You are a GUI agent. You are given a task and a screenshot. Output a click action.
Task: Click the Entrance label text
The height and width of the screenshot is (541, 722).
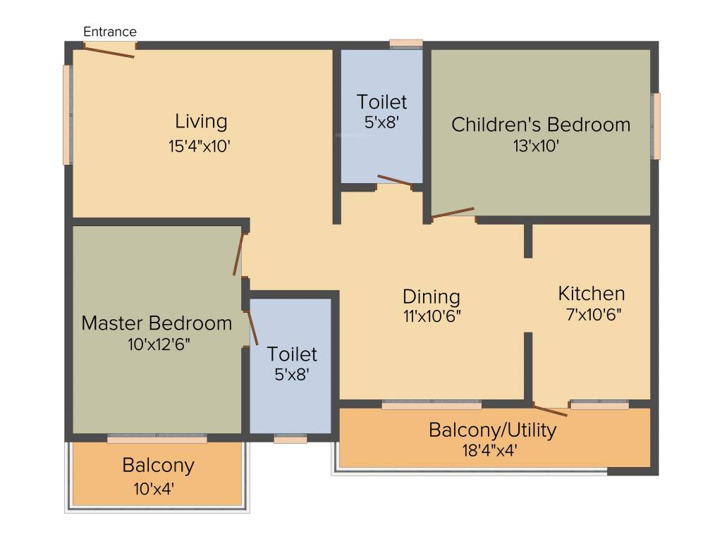click(x=110, y=32)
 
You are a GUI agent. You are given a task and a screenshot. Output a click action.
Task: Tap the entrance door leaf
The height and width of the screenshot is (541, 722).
click(x=109, y=51)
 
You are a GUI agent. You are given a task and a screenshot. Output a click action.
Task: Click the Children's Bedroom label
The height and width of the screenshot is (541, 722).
click(x=541, y=125)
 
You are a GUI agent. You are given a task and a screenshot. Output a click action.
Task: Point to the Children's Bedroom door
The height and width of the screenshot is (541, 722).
click(x=453, y=213)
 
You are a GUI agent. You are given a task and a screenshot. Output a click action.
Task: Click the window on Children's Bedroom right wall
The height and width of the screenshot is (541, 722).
click(x=656, y=126)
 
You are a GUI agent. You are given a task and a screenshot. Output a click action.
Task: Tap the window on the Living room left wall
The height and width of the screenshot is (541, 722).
click(x=68, y=115)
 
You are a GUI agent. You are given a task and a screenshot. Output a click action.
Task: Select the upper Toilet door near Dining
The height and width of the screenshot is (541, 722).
click(x=395, y=181)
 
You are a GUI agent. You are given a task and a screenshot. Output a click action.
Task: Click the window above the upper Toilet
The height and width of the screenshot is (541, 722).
click(x=406, y=44)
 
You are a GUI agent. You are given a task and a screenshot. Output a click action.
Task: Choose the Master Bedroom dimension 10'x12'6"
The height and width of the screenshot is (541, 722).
click(x=157, y=344)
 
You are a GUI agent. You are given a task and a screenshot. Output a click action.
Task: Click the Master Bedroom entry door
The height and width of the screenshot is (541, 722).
click(x=239, y=254)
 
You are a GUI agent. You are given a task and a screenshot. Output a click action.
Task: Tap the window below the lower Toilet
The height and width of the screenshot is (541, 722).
click(x=290, y=439)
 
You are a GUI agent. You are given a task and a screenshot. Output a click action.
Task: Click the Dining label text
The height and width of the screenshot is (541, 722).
click(x=432, y=296)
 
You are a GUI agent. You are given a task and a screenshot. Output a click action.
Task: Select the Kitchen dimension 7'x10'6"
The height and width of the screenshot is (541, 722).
click(x=592, y=314)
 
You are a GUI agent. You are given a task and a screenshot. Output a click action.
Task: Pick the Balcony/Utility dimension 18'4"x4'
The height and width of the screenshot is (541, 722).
click(x=492, y=449)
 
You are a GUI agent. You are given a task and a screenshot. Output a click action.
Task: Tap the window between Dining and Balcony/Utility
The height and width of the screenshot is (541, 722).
click(x=432, y=404)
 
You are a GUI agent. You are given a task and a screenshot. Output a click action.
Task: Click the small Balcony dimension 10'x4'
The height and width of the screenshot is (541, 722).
click(x=158, y=487)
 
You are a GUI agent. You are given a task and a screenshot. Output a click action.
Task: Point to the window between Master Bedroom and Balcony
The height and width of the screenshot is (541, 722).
click(x=157, y=438)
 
